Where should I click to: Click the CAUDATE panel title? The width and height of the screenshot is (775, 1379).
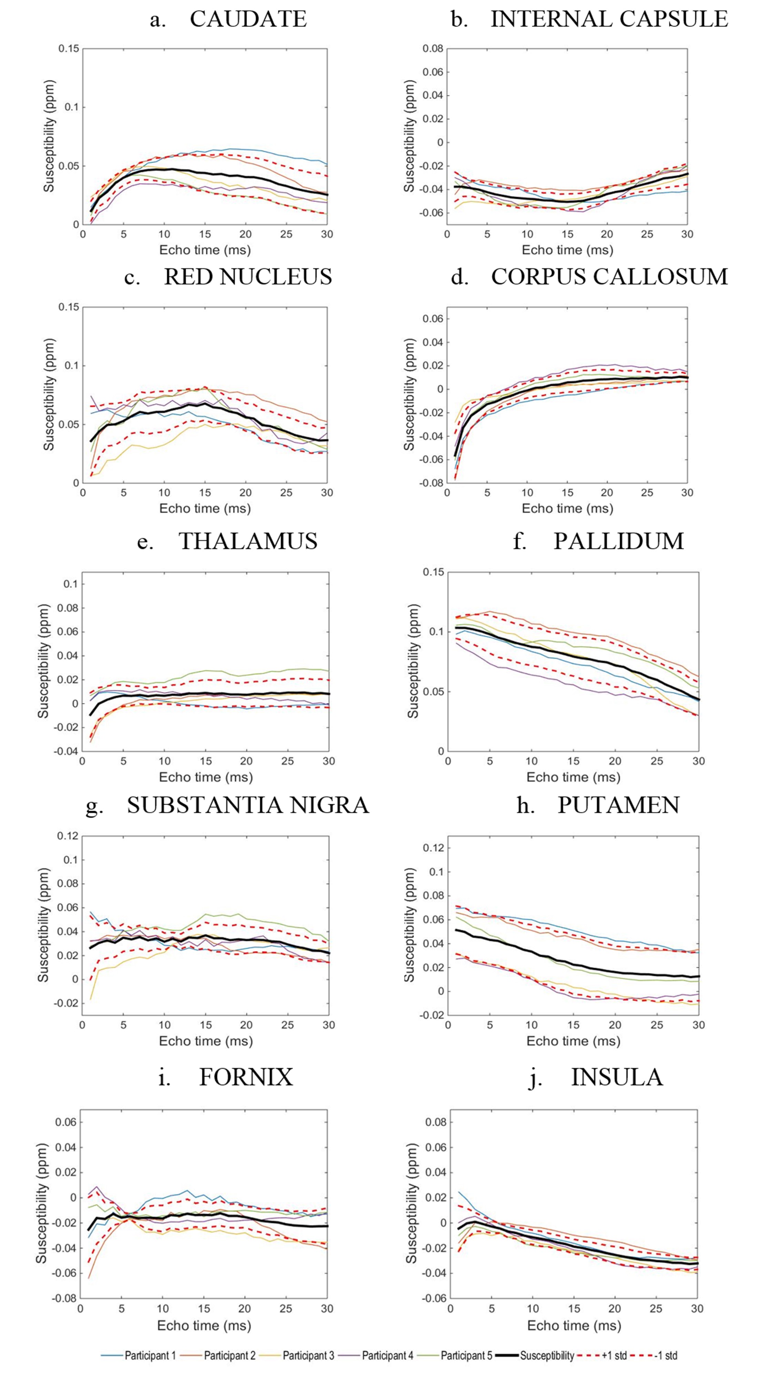click(248, 19)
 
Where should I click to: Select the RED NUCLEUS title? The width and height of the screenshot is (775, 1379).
click(248, 277)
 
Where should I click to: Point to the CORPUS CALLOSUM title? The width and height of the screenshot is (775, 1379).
click(609, 277)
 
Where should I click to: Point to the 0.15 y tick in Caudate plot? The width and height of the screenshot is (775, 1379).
click(69, 49)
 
